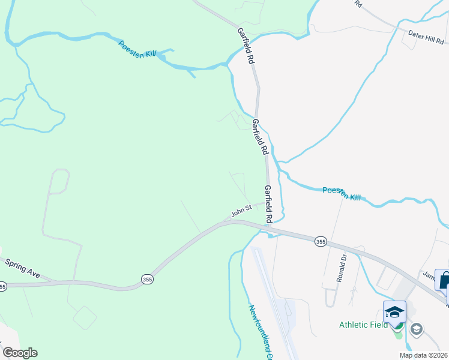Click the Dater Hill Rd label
426,38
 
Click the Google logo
20,353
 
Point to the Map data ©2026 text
423,355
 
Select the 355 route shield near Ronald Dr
321,241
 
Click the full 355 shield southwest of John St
147,279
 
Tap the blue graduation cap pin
394,312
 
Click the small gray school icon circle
416,329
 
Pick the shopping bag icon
444,280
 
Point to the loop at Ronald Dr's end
331,298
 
